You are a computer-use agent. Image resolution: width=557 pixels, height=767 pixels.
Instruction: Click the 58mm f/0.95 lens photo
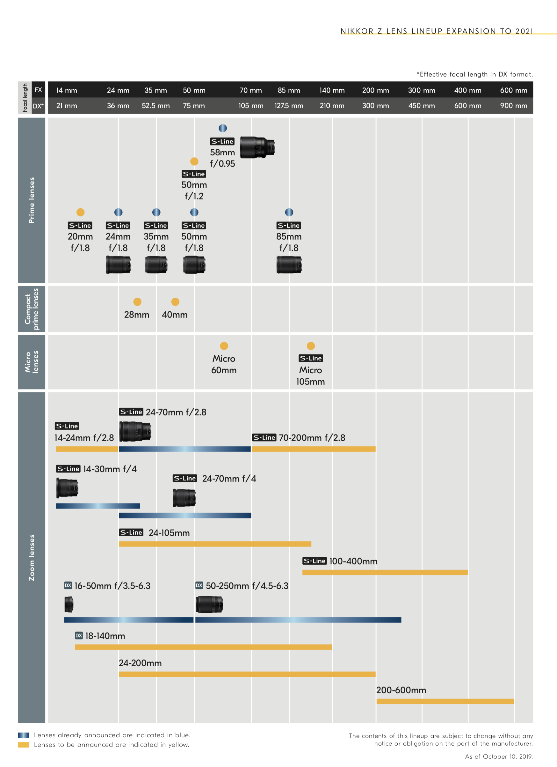pyautogui.click(x=257, y=147)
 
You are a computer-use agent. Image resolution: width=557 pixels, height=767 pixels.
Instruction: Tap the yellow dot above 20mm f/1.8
pyautogui.click(x=80, y=212)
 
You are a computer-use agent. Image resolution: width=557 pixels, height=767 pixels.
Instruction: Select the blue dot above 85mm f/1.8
pyautogui.click(x=289, y=212)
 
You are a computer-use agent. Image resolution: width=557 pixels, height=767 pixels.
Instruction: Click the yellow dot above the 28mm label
pyautogui.click(x=137, y=302)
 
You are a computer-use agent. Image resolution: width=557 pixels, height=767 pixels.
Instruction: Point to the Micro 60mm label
pyautogui.click(x=224, y=364)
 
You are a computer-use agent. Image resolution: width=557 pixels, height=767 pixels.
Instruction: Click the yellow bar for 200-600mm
pyautogui.click(x=445, y=701)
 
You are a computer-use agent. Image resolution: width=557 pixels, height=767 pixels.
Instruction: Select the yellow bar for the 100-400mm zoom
pyautogui.click(x=385, y=572)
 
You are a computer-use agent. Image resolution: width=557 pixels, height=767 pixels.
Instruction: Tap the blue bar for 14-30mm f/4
pyautogui.click(x=98, y=506)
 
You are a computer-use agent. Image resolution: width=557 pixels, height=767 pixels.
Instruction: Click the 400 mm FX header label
pyautogui.click(x=467, y=90)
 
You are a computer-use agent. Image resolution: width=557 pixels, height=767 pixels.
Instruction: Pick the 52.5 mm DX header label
pyautogui.click(x=156, y=106)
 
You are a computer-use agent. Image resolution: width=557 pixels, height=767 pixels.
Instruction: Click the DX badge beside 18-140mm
pyautogui.click(x=79, y=636)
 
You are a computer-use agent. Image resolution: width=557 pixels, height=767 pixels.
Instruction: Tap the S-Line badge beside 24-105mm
pyautogui.click(x=131, y=532)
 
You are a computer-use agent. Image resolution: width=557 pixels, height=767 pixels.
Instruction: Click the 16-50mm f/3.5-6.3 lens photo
pyautogui.click(x=69, y=604)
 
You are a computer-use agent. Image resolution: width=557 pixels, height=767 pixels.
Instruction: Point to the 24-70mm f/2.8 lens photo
pyautogui.click(x=135, y=431)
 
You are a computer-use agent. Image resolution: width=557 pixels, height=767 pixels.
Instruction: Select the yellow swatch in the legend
pyautogui.click(x=23, y=745)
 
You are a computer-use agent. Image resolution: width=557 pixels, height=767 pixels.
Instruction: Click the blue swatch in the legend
pyautogui.click(x=23, y=735)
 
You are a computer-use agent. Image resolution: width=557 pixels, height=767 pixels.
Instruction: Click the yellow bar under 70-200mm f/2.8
pyautogui.click(x=314, y=449)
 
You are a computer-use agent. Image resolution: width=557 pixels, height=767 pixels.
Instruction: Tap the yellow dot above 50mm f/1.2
pyautogui.click(x=194, y=161)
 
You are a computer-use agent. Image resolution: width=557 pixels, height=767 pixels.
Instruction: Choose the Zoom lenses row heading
pyautogui.click(x=32, y=557)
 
